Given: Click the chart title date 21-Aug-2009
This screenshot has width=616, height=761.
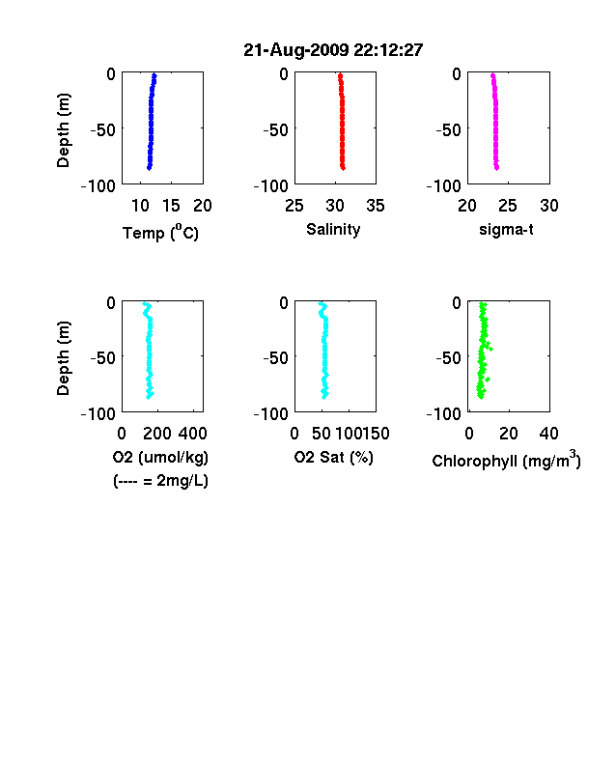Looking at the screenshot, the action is coord(295,50).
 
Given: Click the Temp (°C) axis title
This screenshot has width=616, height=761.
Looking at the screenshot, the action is coord(160,232).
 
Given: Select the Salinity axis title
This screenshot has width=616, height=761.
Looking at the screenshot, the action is coord(333,229).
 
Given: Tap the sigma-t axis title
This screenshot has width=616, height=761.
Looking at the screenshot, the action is coord(506,229).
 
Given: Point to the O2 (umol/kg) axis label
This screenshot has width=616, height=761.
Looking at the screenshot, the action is coord(160,457).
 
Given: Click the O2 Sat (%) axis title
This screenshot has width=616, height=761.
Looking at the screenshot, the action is coord(334,457).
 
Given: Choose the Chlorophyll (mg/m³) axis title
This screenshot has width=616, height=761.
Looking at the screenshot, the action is coord(506,459).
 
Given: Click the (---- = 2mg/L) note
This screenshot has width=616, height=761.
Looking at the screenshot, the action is coord(160,481).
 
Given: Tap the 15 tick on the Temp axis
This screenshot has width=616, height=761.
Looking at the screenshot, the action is coord(171,206).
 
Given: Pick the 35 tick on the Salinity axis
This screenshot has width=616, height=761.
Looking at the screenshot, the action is coord(376,206).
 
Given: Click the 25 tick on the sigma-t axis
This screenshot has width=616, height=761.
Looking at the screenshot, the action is coord(508,206).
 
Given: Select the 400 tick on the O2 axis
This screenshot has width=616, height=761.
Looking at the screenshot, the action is coord(193,434).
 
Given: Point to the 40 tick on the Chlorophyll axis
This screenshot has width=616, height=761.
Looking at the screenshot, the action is coord(548,434).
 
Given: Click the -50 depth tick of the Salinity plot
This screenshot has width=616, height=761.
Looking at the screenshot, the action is coord(275,130).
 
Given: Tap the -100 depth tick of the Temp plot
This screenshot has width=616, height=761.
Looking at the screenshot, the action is coord(98,185).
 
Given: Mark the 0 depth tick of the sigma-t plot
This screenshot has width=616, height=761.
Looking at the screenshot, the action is coord(457,73).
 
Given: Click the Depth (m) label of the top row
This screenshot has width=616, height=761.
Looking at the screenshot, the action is coord(63,130).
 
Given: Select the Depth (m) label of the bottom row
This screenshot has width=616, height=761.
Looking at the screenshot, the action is coord(63,358).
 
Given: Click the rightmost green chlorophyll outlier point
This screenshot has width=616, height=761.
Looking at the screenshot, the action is coord(490,349).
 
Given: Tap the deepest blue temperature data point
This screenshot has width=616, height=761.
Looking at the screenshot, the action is coord(150,168).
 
